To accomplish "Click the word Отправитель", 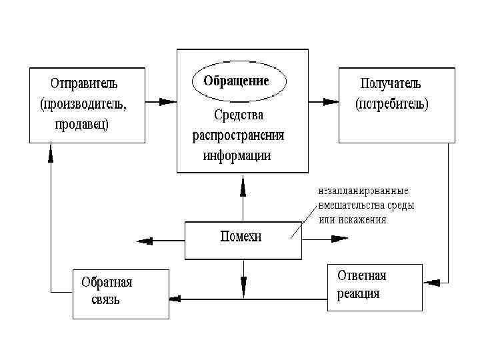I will tap(84, 85).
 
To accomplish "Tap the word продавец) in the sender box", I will tap(82, 125).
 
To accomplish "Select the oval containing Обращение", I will tap(239, 83).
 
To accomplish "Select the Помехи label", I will tap(241, 237).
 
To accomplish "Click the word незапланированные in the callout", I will tap(363, 191).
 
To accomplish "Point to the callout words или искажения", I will tap(353, 220).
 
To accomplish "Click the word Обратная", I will tap(107, 282).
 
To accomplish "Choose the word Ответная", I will tap(362, 275).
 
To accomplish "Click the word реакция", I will tap(358, 294).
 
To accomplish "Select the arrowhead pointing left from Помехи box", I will tap(143, 241).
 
